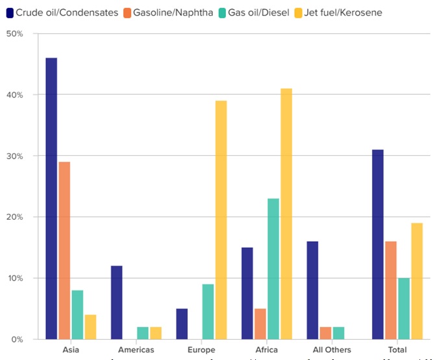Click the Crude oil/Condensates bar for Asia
tap(51, 198)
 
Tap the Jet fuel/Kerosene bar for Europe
tap(221, 220)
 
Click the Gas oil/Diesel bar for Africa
tap(273, 268)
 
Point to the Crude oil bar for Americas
tap(116, 302)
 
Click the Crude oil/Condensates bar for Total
tap(378, 244)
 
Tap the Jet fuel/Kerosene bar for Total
tap(417, 281)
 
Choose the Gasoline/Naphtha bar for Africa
tap(260, 324)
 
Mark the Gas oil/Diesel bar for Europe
tap(208, 311)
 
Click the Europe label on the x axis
tap(201, 350)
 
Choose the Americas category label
tap(136, 350)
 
